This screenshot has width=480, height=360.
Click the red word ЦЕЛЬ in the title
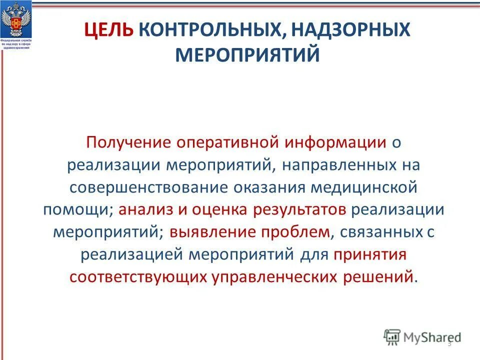[108, 31]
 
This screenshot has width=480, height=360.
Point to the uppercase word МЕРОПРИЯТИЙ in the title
[247, 54]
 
